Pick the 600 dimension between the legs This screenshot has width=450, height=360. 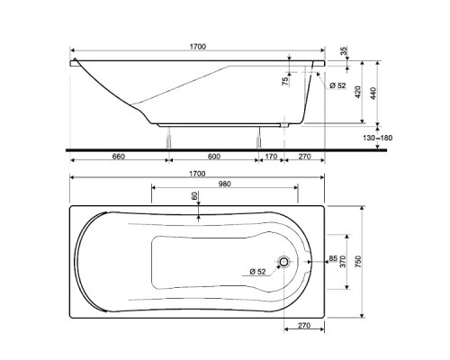213,157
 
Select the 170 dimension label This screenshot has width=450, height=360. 271,157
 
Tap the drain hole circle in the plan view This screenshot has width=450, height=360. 285,263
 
